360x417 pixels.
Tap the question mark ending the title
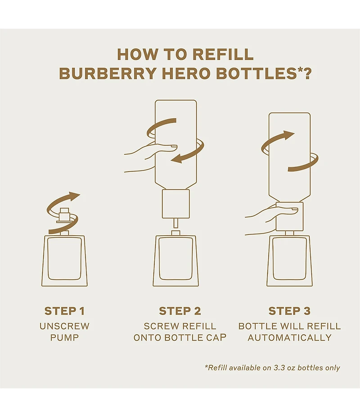pos(307,73)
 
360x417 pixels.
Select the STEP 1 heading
pos(64,311)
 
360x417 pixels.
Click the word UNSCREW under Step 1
pos(64,326)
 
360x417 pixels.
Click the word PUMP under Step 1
pos(64,337)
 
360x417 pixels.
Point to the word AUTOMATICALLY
pos(289,337)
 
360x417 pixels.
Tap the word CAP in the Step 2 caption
pos(215,337)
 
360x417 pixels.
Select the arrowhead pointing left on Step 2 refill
pos(178,158)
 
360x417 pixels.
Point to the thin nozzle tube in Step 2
pos(176,223)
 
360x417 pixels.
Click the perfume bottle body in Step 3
pos(289,261)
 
